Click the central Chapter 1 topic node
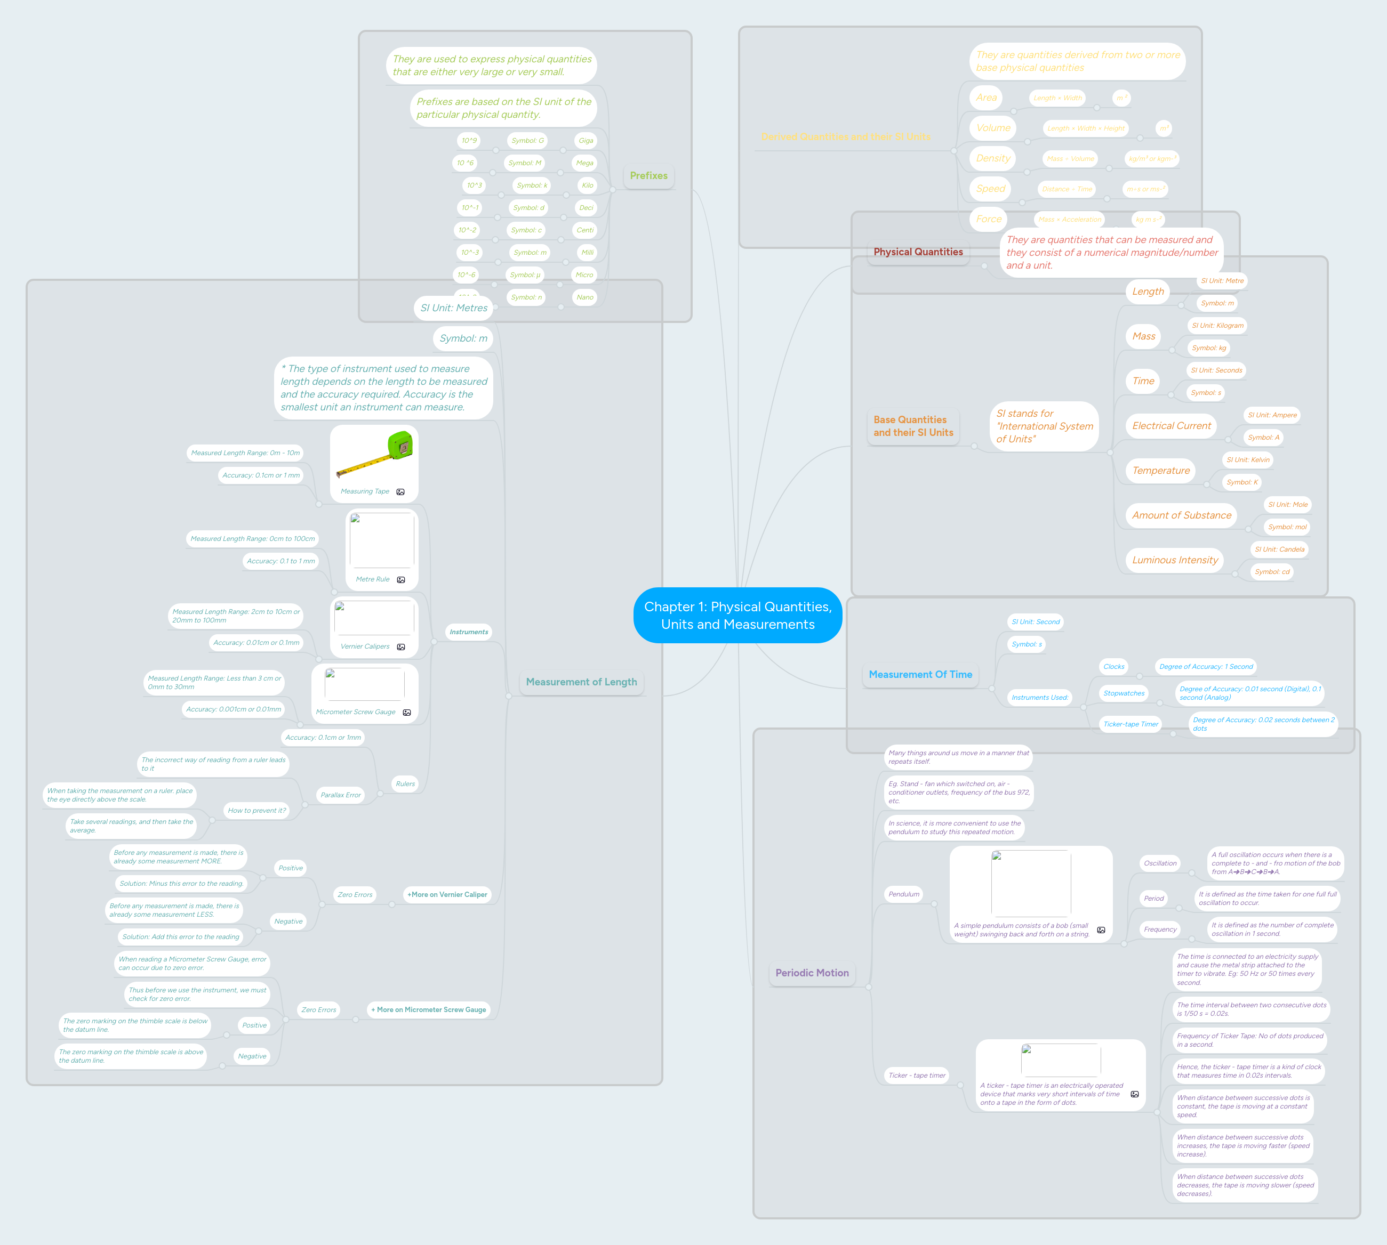point(737,615)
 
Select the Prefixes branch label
point(648,176)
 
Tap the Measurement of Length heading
point(581,682)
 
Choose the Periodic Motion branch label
point(812,973)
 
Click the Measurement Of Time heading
point(920,675)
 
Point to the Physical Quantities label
point(918,252)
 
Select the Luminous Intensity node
point(1174,560)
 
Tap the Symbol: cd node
point(1271,572)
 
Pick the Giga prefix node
point(586,141)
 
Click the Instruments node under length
point(469,632)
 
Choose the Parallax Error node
point(340,795)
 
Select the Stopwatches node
point(1124,693)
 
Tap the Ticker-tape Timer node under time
point(1131,724)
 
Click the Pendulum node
point(903,894)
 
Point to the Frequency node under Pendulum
point(1160,929)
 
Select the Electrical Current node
point(1171,425)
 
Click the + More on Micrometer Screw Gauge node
point(428,1009)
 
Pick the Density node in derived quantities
point(992,158)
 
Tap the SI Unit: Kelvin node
point(1247,460)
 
